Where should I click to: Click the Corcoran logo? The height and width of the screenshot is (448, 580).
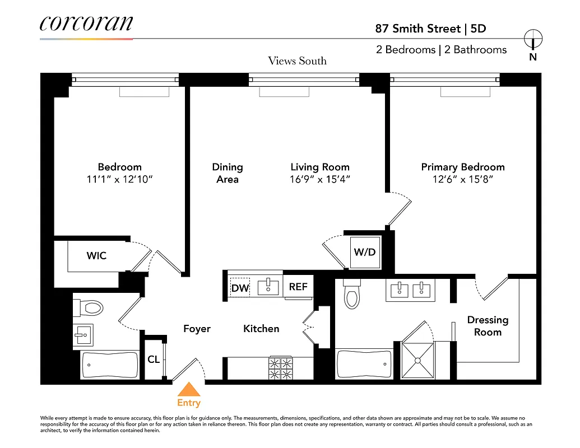click(86, 24)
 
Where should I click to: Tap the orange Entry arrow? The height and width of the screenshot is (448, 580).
click(189, 390)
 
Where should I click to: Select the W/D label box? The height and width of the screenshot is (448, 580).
click(364, 252)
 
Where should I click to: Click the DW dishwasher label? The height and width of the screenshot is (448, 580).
click(240, 288)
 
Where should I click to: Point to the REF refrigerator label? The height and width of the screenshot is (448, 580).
click(298, 287)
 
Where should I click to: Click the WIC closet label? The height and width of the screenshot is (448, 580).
click(96, 256)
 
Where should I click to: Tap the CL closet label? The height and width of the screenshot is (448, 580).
click(154, 360)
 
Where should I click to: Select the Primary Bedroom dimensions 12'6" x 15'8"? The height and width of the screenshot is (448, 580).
click(462, 180)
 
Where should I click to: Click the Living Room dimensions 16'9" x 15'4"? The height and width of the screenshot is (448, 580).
click(320, 180)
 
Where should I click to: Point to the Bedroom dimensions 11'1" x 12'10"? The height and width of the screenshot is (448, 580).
click(119, 180)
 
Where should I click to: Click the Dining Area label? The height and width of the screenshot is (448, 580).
click(228, 173)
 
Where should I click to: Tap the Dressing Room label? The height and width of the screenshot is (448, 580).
click(488, 326)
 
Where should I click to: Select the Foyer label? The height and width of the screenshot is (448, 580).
click(197, 329)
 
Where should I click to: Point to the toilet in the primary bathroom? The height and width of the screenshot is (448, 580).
click(351, 295)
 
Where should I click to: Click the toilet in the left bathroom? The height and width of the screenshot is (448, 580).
click(91, 307)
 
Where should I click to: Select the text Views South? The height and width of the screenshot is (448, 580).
click(297, 61)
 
